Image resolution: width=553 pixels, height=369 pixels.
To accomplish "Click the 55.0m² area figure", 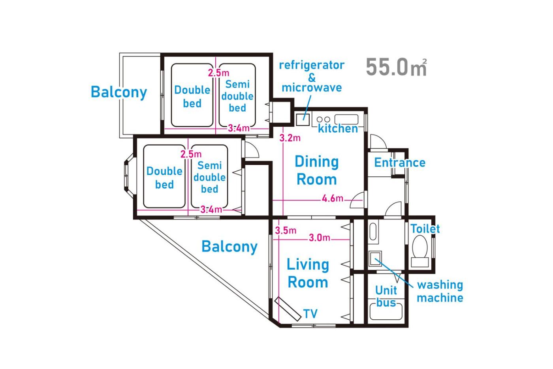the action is [396, 67].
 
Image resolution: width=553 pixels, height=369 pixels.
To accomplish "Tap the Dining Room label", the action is [317, 170].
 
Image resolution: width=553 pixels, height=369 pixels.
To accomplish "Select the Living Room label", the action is [308, 273].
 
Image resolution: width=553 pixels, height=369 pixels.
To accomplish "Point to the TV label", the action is [310, 314].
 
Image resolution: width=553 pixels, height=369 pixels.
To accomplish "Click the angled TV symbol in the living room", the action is [288, 309].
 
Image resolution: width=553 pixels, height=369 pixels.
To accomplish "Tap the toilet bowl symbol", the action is [419, 251].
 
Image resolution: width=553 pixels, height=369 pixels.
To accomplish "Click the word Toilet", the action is [425, 229].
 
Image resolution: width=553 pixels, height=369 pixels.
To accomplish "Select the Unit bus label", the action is [386, 296].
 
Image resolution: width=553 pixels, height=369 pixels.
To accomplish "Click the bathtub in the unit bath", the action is [386, 311].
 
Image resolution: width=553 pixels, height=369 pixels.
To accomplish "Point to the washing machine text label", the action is [440, 291].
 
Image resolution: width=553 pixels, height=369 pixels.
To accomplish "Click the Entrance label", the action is [400, 163].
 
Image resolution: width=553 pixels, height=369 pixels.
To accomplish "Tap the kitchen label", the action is [338, 129].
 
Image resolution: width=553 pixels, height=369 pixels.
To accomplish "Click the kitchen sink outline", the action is [346, 119].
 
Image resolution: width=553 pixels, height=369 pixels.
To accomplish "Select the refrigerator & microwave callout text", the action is [312, 77].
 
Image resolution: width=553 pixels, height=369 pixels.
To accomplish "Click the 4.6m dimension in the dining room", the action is [332, 198].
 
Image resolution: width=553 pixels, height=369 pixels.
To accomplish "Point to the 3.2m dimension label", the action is [290, 138].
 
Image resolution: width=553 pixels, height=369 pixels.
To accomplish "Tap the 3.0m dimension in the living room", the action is [320, 238].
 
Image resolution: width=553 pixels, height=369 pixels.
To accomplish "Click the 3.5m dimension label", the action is [286, 230].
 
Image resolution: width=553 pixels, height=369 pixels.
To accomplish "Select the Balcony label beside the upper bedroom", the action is [119, 92].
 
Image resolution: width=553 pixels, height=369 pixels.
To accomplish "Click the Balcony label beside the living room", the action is [229, 247].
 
